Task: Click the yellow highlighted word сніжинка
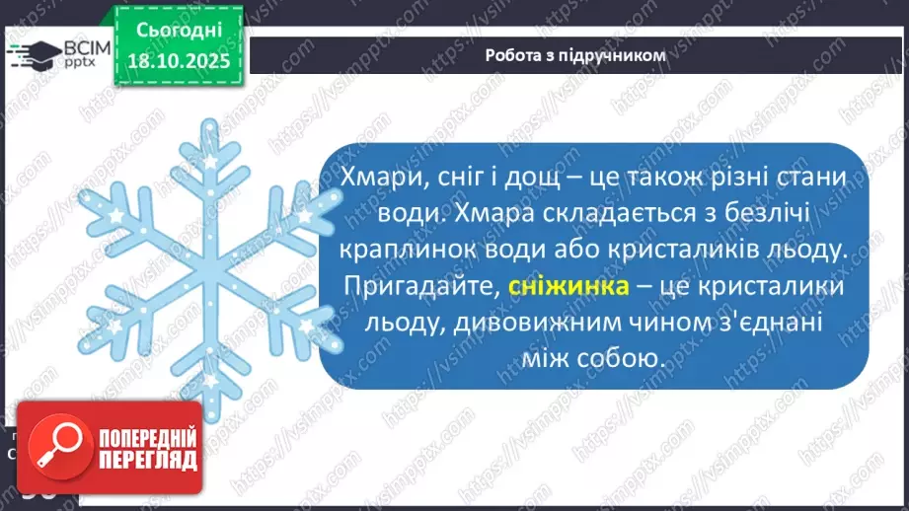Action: click(569, 287)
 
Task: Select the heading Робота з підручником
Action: click(575, 55)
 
